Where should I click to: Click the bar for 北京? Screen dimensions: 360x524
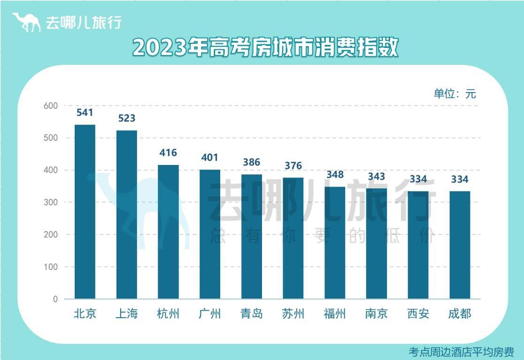tap(85, 211)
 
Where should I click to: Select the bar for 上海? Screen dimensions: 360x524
tap(127, 214)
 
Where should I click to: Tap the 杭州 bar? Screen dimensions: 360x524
tap(168, 232)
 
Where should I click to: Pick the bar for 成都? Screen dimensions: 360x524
tap(460, 245)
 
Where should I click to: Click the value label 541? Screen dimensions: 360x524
tap(85, 113)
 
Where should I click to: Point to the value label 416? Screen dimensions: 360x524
tap(168, 153)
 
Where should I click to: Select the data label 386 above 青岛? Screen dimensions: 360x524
tap(252, 162)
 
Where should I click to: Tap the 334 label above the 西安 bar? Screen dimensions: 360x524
tap(418, 179)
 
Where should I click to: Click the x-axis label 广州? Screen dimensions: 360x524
tap(210, 314)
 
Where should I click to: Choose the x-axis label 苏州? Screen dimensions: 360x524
tap(293, 314)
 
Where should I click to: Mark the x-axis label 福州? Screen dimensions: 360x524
tap(335, 314)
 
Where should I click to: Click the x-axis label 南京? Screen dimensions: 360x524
tap(377, 314)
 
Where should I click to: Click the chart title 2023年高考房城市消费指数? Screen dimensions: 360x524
tap(265, 47)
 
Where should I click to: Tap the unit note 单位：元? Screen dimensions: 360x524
tap(455, 94)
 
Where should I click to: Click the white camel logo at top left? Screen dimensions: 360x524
tap(26, 22)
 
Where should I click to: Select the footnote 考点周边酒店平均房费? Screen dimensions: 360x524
tap(462, 352)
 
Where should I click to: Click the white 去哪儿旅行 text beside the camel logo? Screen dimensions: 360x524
tap(84, 23)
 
